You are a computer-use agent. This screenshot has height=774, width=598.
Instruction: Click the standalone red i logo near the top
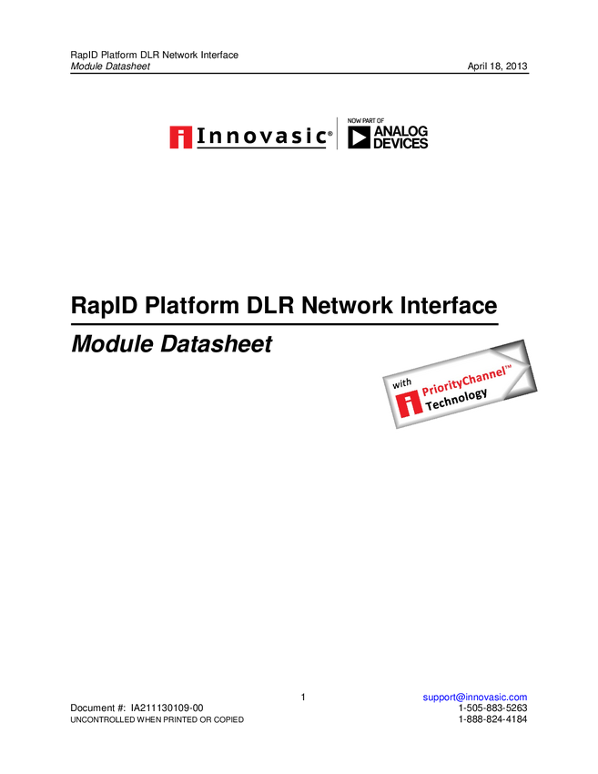coord(180,137)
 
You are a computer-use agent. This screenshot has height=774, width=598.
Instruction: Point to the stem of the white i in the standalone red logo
coord(181,142)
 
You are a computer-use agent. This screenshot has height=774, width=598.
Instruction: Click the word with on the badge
coord(402,383)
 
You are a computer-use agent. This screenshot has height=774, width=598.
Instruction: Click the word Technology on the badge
coord(456,399)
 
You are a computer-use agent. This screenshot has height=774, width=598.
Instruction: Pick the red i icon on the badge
coord(409,404)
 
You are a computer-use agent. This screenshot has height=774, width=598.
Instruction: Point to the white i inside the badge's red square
coord(409,404)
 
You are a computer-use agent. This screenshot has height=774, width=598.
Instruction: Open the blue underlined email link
coord(474,697)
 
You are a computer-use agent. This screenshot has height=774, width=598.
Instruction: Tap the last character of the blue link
coord(525,697)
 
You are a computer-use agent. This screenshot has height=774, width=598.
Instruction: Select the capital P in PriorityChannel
coord(426,392)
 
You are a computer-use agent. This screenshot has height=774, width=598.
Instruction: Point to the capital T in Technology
coord(430,406)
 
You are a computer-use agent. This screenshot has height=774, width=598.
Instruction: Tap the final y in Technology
coord(483,392)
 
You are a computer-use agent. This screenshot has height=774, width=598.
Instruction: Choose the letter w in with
coord(396,386)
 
